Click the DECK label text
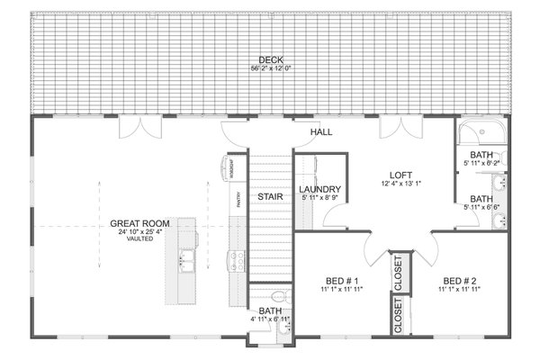pos(270,59)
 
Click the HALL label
pos(321,133)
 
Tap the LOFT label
pos(400,176)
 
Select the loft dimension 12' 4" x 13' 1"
pos(400,184)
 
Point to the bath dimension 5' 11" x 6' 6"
pos(481,206)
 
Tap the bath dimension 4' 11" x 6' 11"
pos(269,319)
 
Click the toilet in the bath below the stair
pos(278,296)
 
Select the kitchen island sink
pos(188,261)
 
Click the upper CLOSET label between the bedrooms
pos(398,273)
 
